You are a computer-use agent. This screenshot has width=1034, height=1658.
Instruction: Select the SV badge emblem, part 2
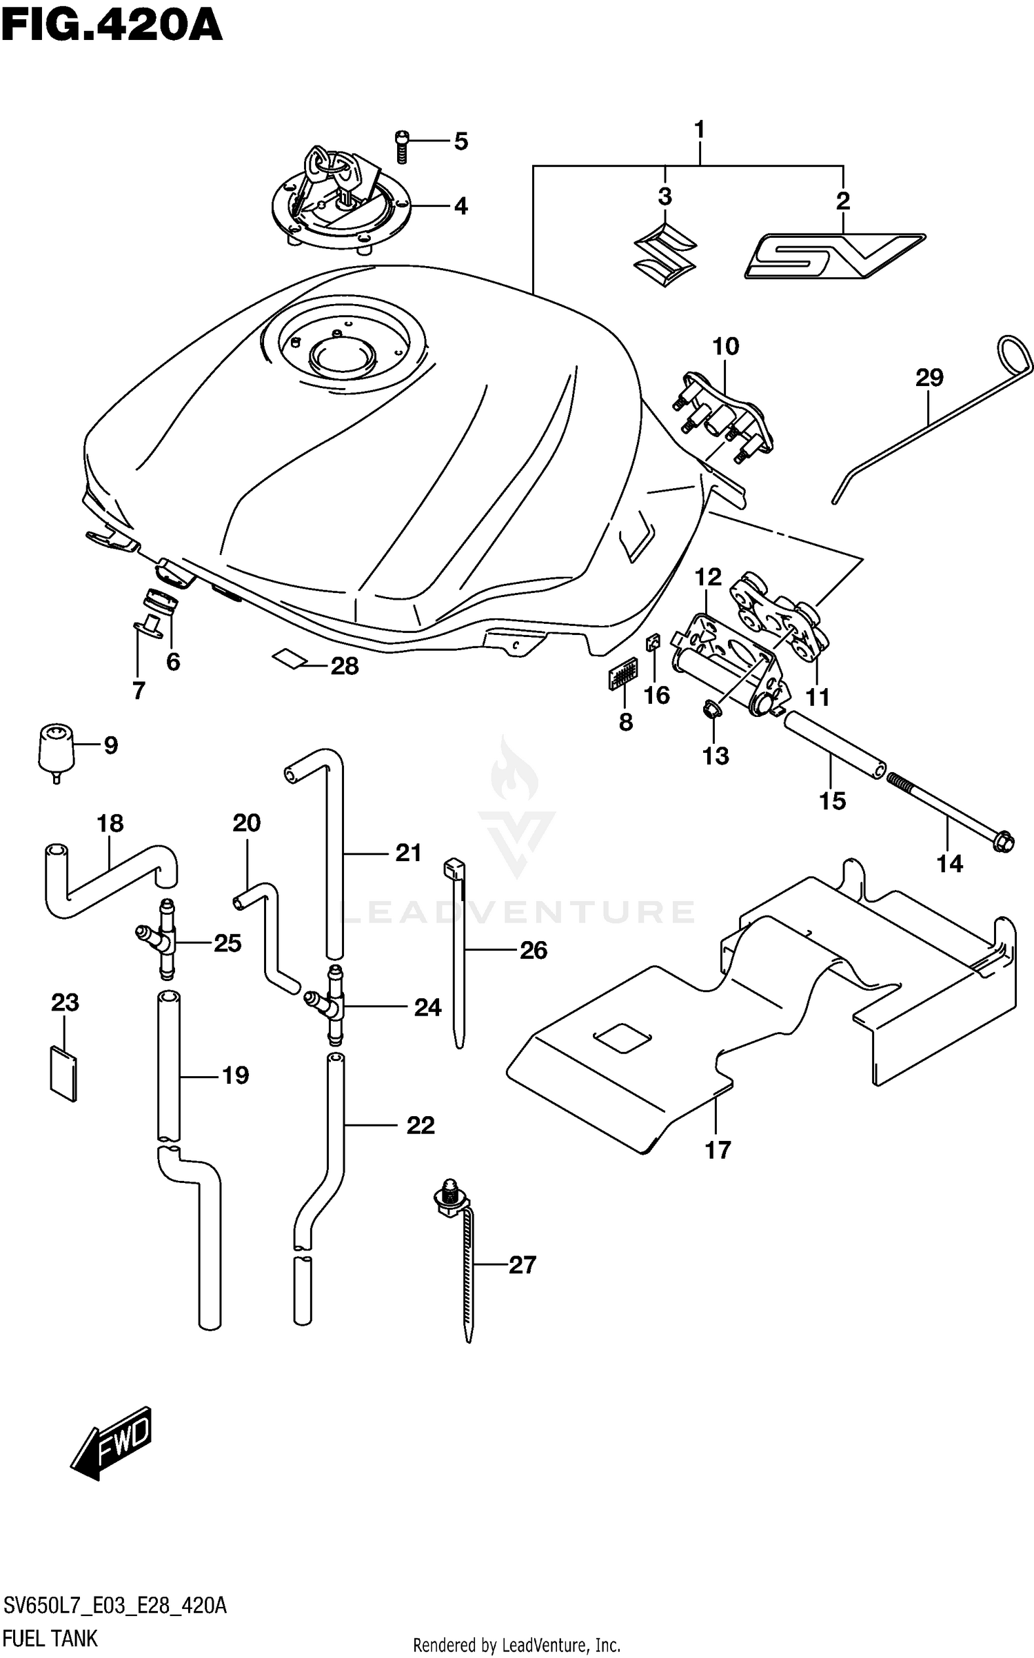pos(834,256)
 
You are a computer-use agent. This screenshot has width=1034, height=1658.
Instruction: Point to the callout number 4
pos(460,205)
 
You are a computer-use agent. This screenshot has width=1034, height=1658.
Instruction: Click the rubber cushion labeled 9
pos(55,752)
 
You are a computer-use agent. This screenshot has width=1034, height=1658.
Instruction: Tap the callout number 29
pos(929,377)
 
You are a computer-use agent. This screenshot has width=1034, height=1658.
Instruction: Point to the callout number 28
pos(344,666)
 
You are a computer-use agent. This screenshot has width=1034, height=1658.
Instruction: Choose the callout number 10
pos(725,346)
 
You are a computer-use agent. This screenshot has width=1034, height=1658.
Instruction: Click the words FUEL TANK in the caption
pos(50,1638)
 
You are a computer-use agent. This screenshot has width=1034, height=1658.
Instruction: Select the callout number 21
pos(408,853)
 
